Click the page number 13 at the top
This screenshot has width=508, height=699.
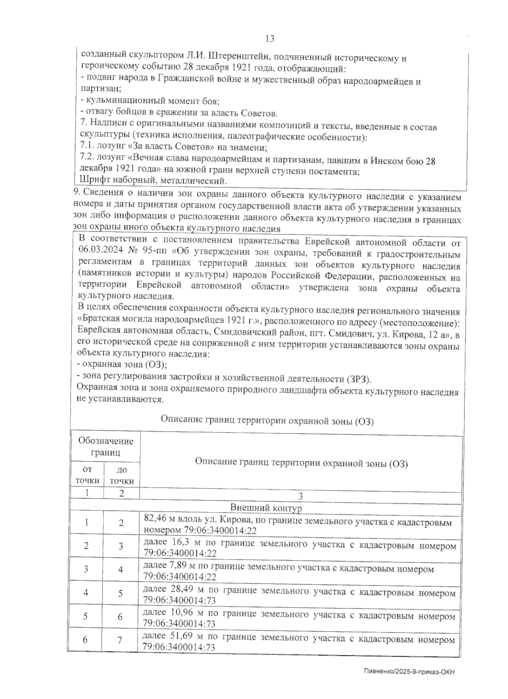[270, 39]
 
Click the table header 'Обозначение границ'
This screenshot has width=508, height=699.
[105, 447]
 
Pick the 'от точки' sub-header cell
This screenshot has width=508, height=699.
[87, 475]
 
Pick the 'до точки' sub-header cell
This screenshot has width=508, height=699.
[122, 475]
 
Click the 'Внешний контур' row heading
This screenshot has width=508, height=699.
[265, 508]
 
